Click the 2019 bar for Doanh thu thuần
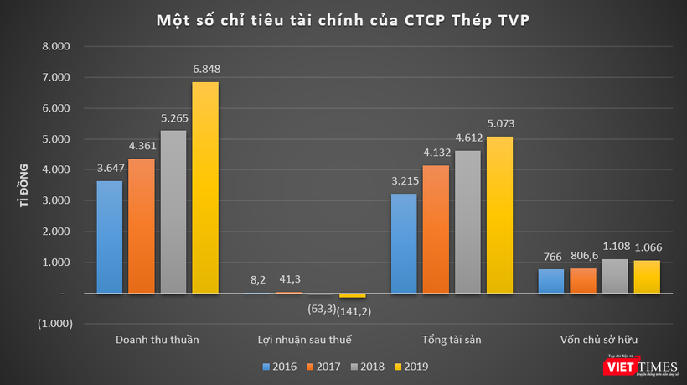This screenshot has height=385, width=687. pyautogui.click(x=205, y=187)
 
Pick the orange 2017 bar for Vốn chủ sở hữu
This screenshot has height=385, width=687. pyautogui.click(x=582, y=280)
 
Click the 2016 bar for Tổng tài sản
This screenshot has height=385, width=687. pyautogui.click(x=403, y=243)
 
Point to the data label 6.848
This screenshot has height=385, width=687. pyautogui.click(x=205, y=69)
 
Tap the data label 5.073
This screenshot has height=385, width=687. pyautogui.click(x=499, y=123)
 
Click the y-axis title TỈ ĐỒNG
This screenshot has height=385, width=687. pyautogui.click(x=24, y=185)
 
